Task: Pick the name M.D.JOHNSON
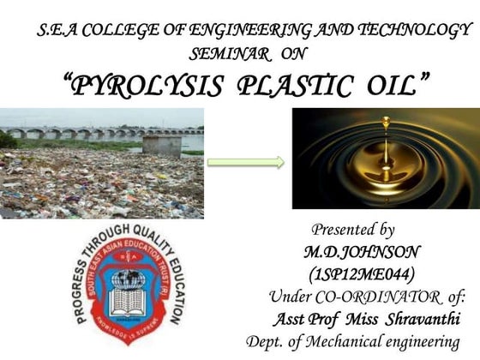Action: point(351,254)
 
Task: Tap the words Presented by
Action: point(352,230)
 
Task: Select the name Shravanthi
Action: point(420,320)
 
